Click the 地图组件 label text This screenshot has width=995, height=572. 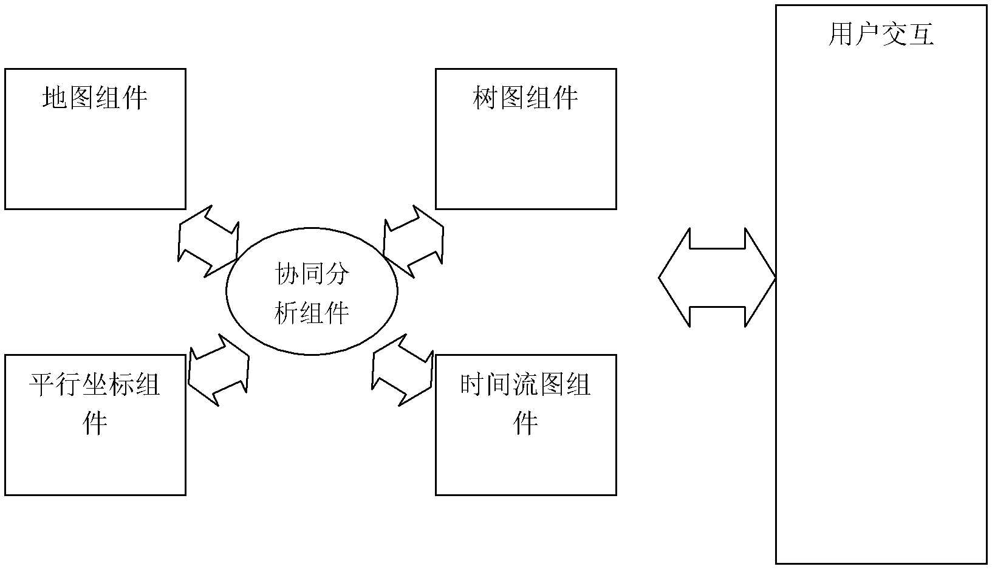95,97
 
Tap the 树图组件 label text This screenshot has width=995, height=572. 525,97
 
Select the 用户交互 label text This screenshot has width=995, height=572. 881,35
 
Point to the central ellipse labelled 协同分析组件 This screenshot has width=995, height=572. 312,291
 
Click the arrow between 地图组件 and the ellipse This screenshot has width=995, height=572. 208,241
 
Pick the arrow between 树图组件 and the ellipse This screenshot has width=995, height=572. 414,241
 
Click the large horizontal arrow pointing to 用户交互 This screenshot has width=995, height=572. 717,278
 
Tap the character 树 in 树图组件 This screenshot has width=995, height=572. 485,97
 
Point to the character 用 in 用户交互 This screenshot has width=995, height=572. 841,35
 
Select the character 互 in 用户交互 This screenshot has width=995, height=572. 921,35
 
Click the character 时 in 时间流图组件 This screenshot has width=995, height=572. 473,384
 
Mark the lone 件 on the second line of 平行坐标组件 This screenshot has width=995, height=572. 95,423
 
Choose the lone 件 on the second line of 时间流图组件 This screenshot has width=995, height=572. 525,423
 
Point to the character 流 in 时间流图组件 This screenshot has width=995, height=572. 525,384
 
